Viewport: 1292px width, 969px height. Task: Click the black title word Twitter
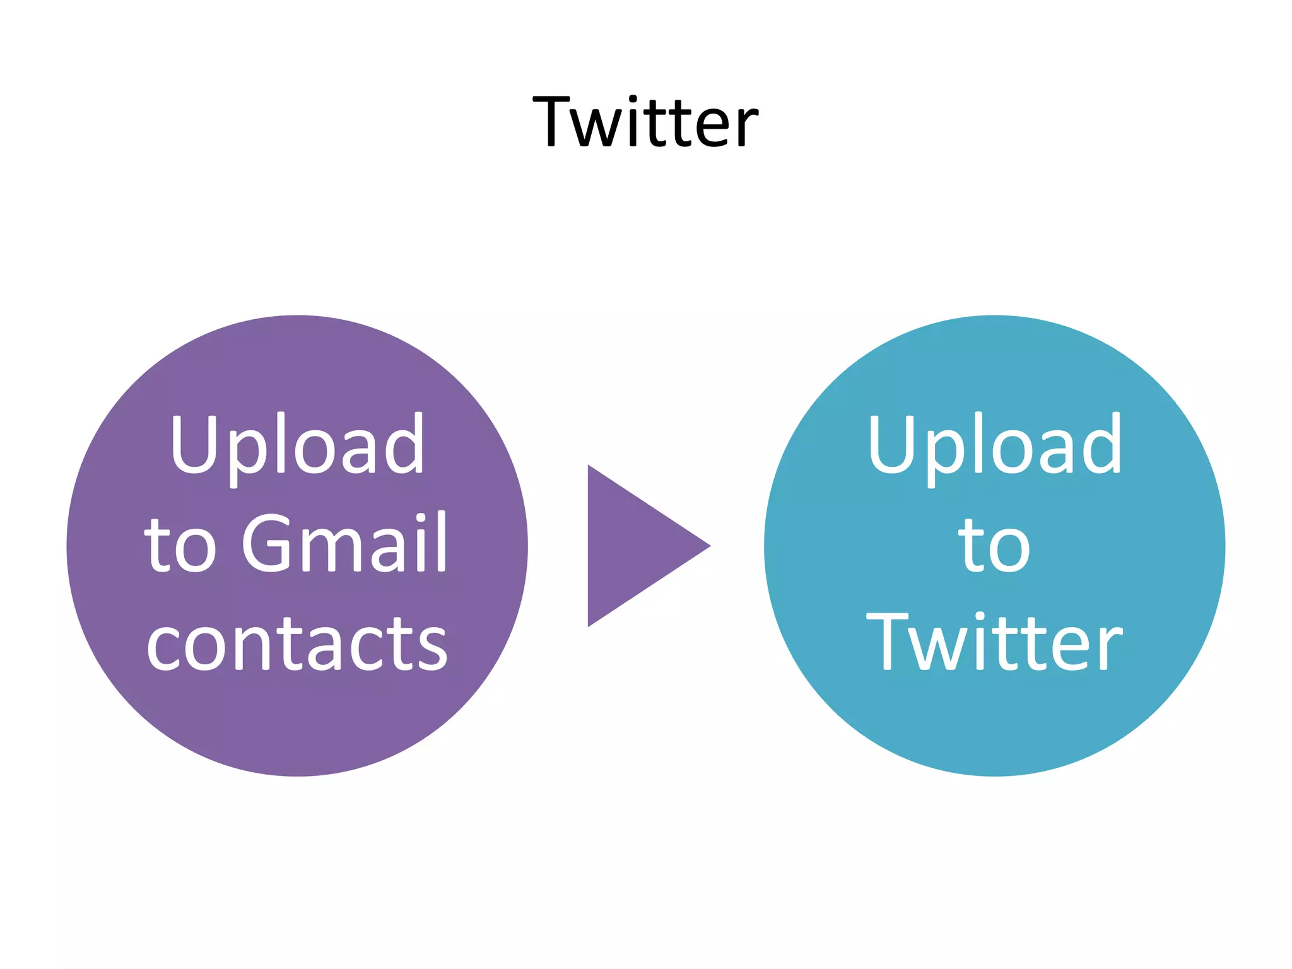(645, 121)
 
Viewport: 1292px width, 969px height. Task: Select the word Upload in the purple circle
(297, 445)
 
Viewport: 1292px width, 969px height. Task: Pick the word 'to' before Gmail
(180, 544)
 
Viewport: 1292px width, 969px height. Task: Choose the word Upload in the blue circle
(994, 445)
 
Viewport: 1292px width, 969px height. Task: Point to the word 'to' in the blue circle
(994, 544)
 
